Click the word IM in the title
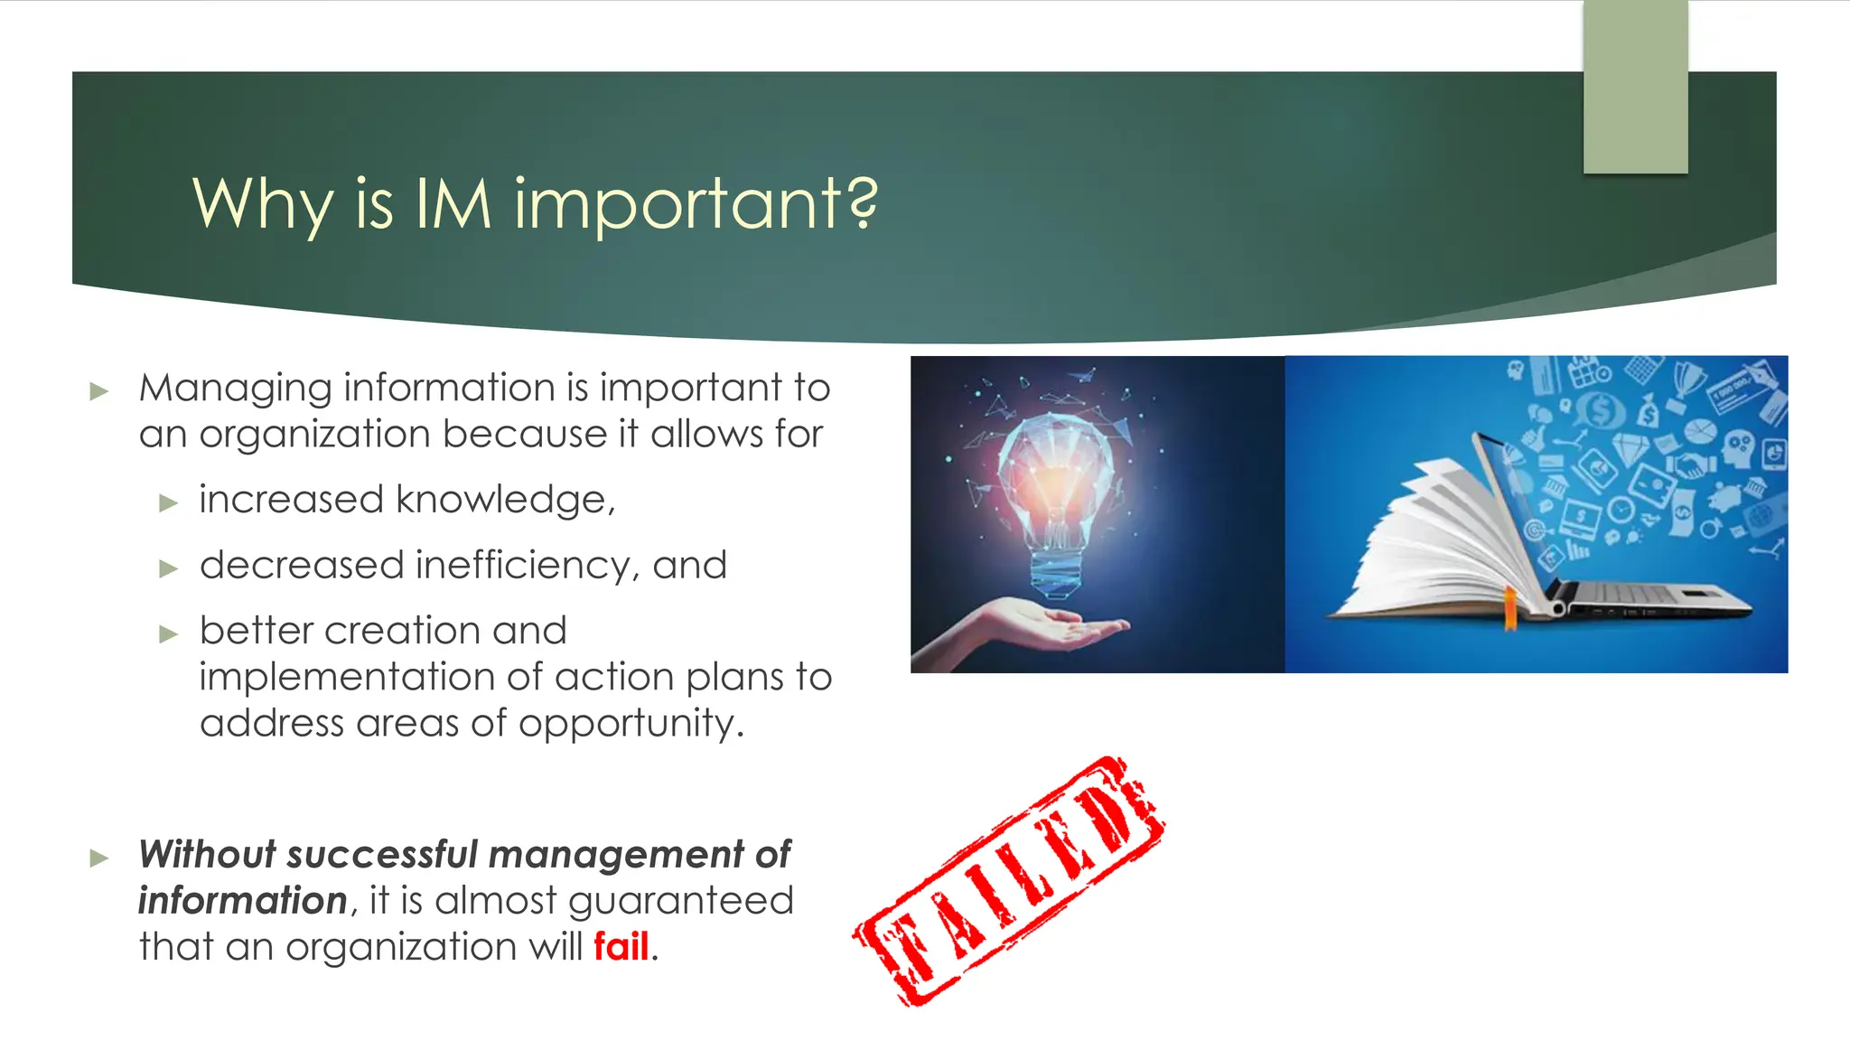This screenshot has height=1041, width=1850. pos(453,202)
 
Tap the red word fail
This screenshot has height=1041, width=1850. pos(621,947)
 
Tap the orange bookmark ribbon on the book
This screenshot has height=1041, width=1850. pos(1509,609)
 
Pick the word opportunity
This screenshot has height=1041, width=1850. pos(631,724)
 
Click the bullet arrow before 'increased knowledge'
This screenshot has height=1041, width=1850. pos(169,503)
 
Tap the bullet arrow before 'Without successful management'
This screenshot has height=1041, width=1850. pos(99,858)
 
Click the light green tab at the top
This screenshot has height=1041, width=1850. pos(1635,87)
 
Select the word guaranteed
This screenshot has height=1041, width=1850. pos(681,901)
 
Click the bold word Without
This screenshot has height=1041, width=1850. pos(207,854)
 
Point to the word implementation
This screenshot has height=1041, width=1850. pos(345,677)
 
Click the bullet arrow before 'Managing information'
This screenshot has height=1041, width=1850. pos(99,391)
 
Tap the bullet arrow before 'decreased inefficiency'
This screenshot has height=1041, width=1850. pos(169,568)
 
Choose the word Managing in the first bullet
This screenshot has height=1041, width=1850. pos(235,389)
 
